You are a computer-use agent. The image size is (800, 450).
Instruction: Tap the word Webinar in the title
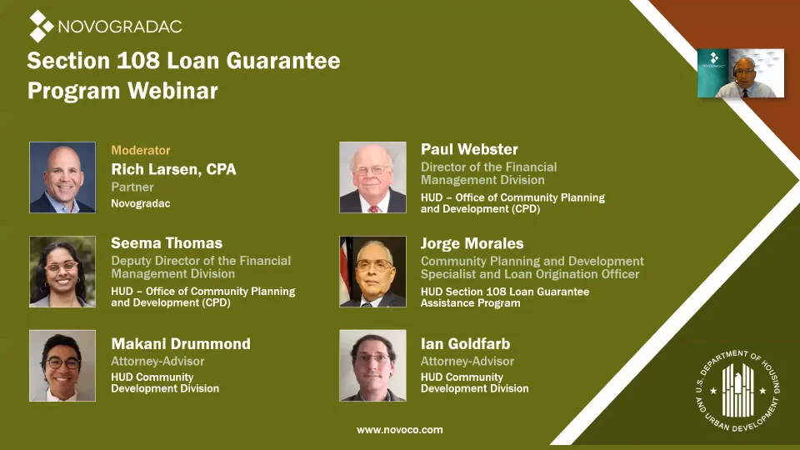(x=172, y=91)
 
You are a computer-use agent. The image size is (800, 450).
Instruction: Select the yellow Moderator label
(x=141, y=150)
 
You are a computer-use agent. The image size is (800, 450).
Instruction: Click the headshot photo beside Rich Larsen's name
(x=62, y=177)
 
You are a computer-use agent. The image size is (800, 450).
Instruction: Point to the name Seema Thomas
(x=167, y=242)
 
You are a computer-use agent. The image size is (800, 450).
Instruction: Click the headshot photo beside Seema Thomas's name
(x=62, y=272)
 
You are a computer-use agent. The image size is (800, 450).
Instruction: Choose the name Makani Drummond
(x=181, y=344)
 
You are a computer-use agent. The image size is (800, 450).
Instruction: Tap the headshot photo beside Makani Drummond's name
(x=62, y=365)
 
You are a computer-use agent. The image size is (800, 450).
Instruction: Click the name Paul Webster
(x=469, y=149)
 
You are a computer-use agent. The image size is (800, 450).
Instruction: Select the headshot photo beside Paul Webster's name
(x=373, y=177)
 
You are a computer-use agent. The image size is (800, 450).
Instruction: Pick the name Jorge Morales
(x=472, y=243)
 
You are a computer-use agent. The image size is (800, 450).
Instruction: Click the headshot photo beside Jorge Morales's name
(x=373, y=272)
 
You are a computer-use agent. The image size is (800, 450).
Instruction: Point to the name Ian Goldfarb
(x=465, y=344)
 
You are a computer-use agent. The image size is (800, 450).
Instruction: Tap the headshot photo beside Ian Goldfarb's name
(x=373, y=365)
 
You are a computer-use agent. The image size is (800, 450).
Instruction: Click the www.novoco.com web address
(x=399, y=430)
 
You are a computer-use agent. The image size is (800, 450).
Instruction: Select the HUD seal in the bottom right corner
(x=737, y=390)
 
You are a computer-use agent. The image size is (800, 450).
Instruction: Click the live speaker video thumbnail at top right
(x=741, y=73)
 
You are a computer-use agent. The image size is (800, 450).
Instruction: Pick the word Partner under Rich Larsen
(x=132, y=187)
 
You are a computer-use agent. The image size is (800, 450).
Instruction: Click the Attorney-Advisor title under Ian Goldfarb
(x=467, y=361)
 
